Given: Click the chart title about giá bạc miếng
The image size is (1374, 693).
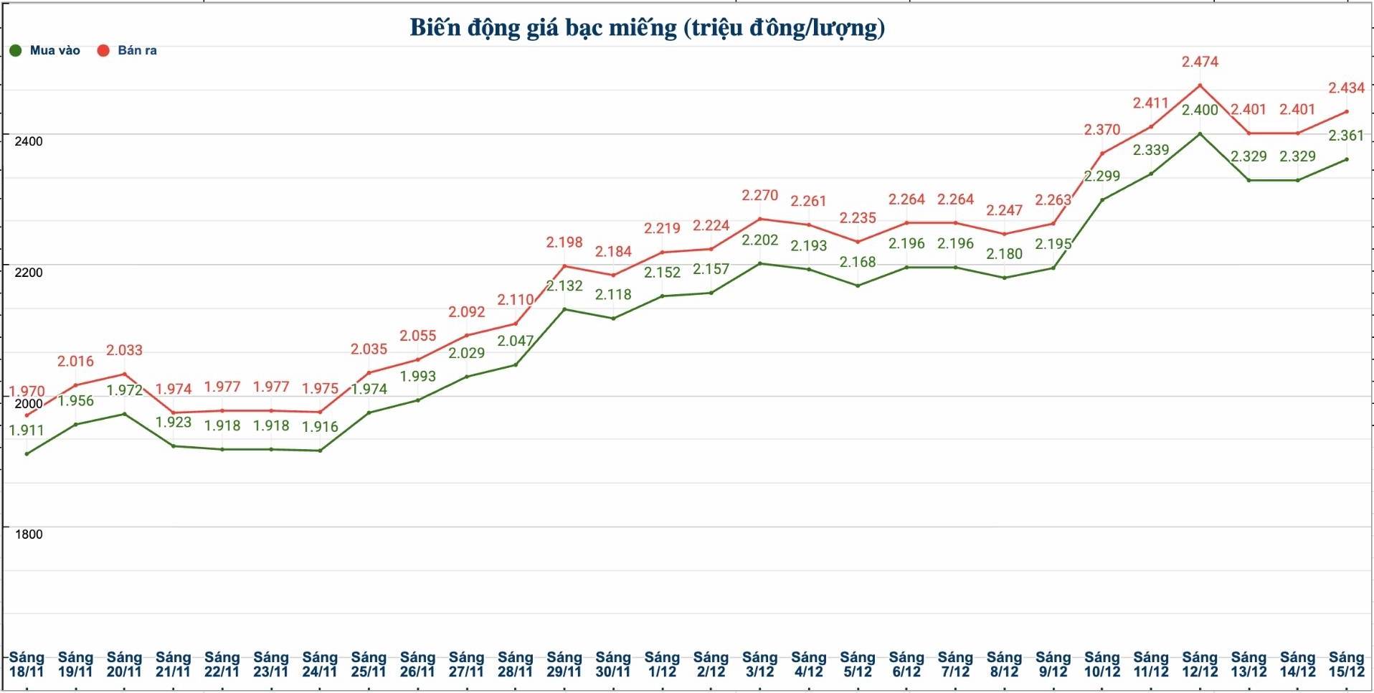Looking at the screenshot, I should tap(647, 28).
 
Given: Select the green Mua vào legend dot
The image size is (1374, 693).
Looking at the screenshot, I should tap(16, 51).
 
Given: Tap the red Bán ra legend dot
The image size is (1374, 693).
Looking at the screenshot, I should tap(103, 51).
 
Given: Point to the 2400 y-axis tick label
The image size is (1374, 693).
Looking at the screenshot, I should tap(29, 141).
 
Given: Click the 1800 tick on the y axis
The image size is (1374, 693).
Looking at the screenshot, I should tap(29, 534).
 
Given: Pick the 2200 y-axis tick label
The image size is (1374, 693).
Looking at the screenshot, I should tap(29, 273).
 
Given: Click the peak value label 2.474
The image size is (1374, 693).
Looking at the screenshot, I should tap(1200, 62).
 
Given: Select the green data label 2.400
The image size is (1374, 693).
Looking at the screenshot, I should tap(1200, 110).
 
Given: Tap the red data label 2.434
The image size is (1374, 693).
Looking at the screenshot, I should tap(1346, 88).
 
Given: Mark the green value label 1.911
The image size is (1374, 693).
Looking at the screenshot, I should tap(27, 431).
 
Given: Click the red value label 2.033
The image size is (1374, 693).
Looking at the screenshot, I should tap(124, 351).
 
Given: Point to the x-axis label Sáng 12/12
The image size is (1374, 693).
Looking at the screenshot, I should tap(1200, 665).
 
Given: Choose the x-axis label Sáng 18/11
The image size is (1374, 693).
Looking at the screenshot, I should tap(27, 665).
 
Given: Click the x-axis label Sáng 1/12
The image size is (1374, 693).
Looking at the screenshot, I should tap(662, 665).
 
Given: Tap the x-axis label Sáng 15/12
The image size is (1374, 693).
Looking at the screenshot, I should tap(1346, 665).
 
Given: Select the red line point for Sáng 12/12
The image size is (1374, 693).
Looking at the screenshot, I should tap(1200, 85).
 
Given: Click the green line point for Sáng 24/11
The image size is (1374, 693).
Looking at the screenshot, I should tap(320, 451).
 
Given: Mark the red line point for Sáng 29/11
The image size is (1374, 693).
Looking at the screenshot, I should tap(564, 266).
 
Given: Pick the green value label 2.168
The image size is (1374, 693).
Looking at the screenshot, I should tap(858, 263).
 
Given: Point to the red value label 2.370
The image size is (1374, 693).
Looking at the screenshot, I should tap(1101, 130).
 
